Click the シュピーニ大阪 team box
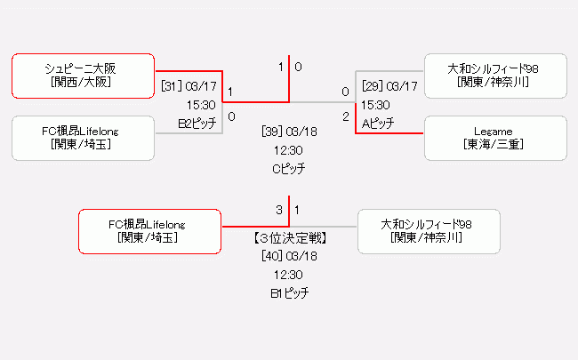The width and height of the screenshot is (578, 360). pyautogui.click(x=84, y=76)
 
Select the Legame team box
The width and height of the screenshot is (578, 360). pyautogui.click(x=495, y=138)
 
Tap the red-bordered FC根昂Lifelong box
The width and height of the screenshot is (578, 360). pyautogui.click(x=149, y=231)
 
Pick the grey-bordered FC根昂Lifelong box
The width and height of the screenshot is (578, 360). pyautogui.click(x=84, y=138)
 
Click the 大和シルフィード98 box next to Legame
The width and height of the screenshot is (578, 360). pyautogui.click(x=495, y=76)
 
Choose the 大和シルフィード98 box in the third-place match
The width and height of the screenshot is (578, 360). pyautogui.click(x=428, y=231)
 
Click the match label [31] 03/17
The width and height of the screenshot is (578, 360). pyautogui.click(x=189, y=86)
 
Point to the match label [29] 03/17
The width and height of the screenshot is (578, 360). pyautogui.click(x=389, y=86)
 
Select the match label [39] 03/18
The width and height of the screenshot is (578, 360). pyautogui.click(x=289, y=132)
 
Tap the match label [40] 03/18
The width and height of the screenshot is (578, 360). pyautogui.click(x=289, y=256)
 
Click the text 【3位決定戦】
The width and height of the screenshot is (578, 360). pyautogui.click(x=288, y=238)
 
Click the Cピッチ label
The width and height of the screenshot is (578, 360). pyautogui.click(x=289, y=168)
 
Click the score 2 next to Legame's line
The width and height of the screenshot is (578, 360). pyautogui.click(x=345, y=116)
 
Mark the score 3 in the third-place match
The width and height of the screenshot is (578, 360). pyautogui.click(x=279, y=211)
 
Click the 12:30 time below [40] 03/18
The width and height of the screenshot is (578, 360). pyautogui.click(x=289, y=275)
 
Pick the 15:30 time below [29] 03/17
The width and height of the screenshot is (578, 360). pyautogui.click(x=376, y=105)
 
